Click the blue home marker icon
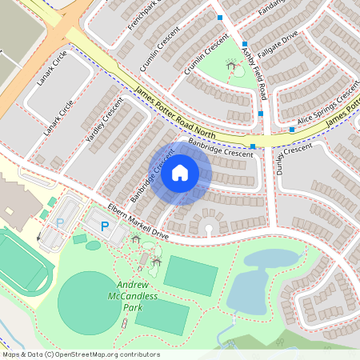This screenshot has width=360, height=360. [x=180, y=173]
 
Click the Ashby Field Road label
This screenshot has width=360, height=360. [x=255, y=74]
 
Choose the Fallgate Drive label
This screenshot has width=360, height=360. [x=278, y=46]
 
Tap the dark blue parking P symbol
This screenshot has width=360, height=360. [x=105, y=226]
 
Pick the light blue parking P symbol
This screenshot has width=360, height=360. [x=59, y=223]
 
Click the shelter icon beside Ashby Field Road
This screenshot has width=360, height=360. [x=233, y=66]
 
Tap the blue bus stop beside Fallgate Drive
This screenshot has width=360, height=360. [x=246, y=44]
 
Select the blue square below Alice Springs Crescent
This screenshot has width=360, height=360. [x=292, y=129]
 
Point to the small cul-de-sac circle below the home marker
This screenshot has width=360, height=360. [x=209, y=229]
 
